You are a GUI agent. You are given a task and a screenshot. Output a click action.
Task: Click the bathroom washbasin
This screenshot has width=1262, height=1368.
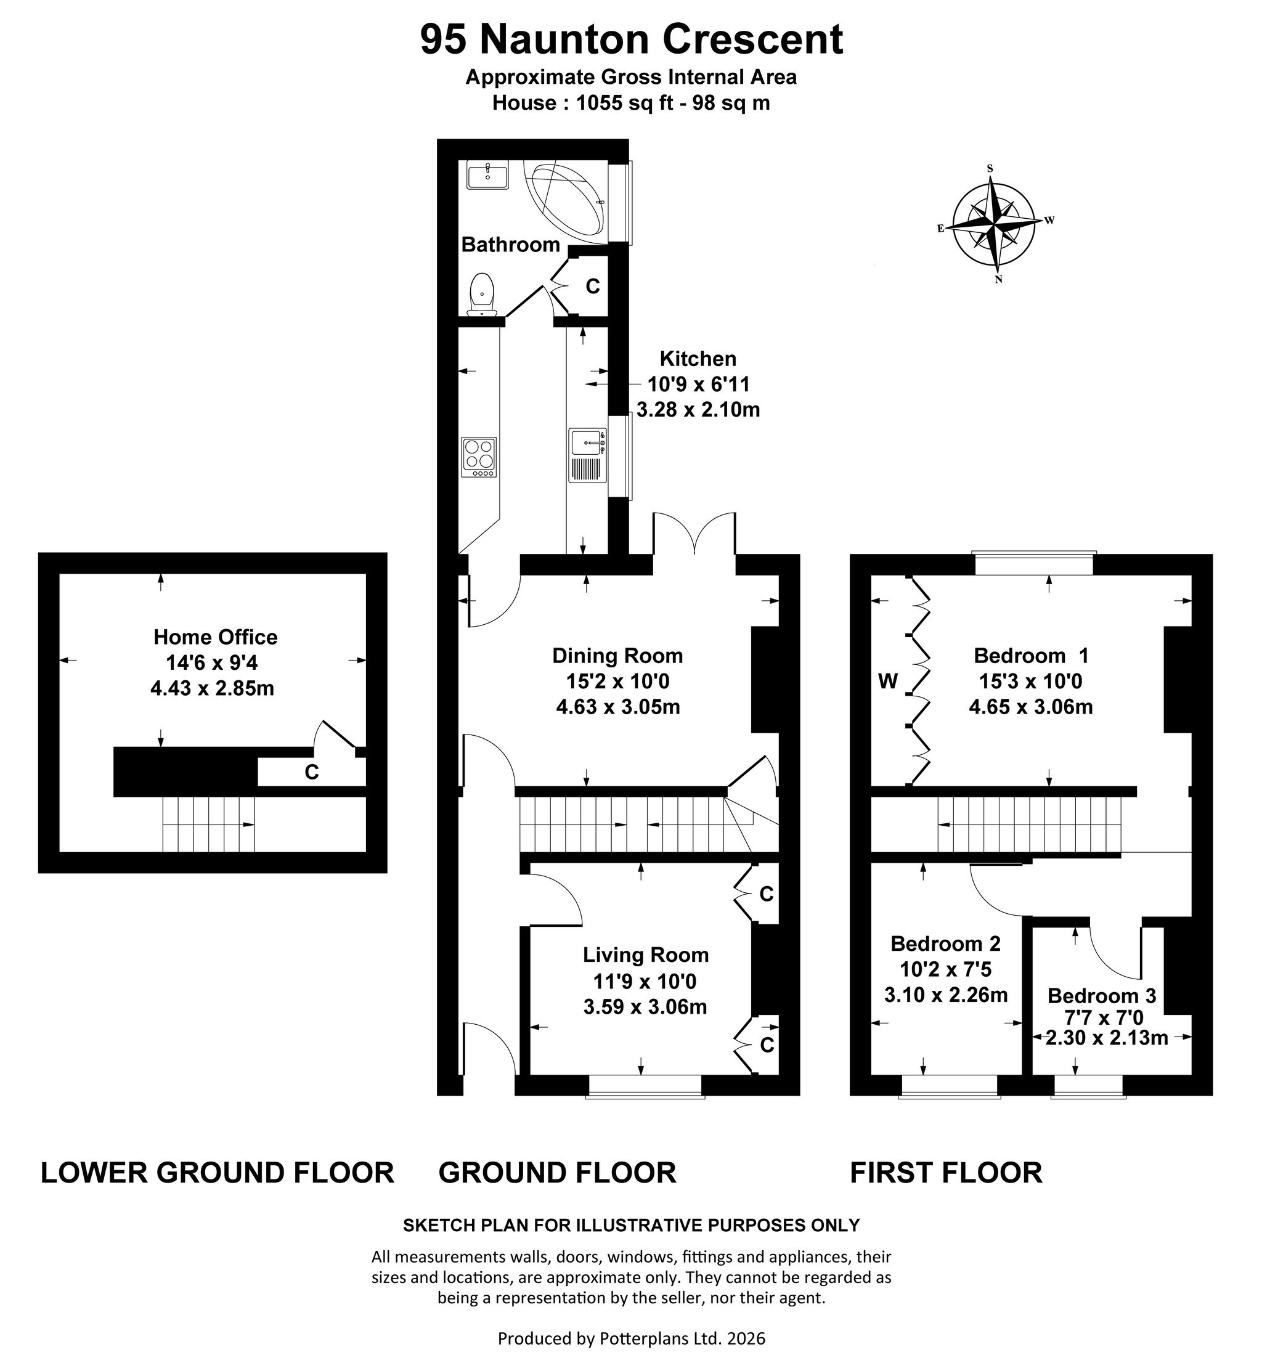(487, 175)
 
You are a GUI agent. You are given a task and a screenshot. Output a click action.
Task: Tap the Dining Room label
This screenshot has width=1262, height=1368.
(617, 656)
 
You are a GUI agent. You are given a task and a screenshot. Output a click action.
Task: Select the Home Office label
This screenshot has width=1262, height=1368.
(215, 637)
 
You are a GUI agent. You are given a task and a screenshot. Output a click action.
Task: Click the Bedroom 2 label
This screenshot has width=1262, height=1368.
(945, 944)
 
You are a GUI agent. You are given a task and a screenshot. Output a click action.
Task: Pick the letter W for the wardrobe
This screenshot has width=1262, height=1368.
(887, 682)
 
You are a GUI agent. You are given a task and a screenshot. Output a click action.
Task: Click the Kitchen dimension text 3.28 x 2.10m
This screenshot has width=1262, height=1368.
(698, 410)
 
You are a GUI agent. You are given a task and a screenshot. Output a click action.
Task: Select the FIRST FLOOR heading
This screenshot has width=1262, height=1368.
(946, 1173)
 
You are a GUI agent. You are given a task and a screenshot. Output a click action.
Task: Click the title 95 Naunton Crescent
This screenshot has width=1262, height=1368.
(631, 39)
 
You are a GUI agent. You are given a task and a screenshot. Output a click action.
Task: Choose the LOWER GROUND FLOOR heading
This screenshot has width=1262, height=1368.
(217, 1173)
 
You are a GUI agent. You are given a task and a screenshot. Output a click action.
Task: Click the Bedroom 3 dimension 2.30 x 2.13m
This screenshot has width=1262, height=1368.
(1106, 1038)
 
